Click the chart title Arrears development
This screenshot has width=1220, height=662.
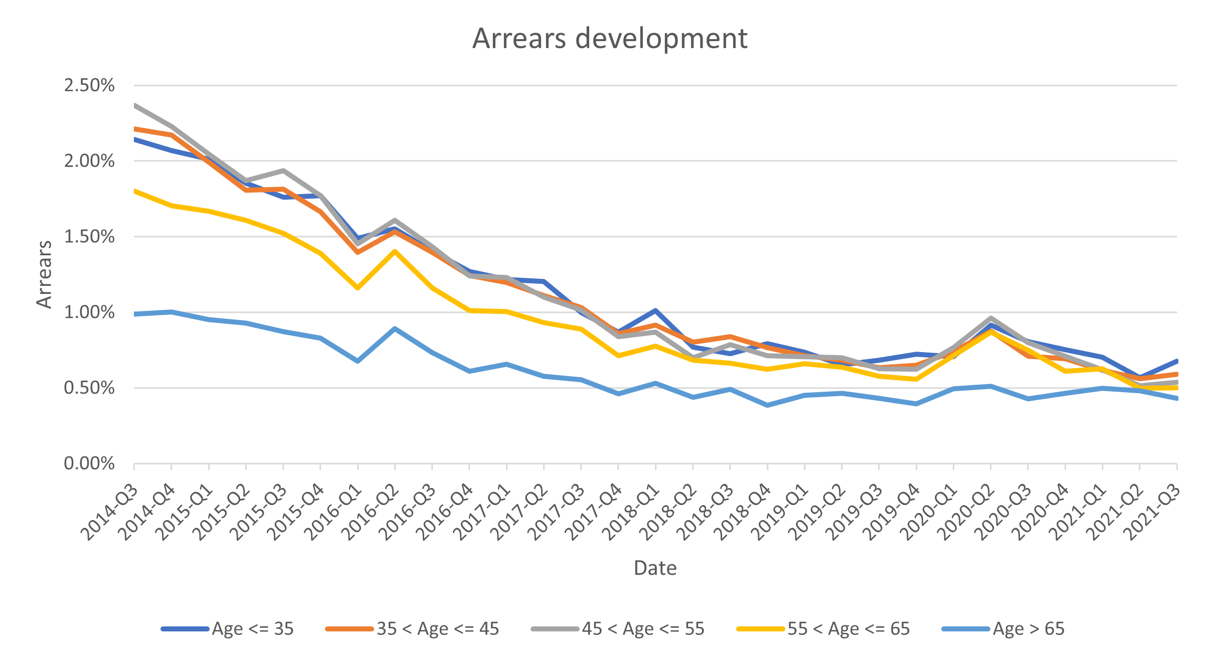point(609,39)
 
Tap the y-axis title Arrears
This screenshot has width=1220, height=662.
point(45,274)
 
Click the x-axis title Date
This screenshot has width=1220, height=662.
point(655,568)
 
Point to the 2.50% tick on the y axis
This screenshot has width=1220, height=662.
point(89,85)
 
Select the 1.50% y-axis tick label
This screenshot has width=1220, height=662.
point(89,237)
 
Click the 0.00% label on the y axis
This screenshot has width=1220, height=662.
point(89,463)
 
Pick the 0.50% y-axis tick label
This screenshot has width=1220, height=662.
point(89,388)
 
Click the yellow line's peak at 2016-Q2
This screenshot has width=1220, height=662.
point(395,251)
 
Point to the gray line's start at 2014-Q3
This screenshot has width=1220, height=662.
point(135,106)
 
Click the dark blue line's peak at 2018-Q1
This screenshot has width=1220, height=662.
point(655,311)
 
